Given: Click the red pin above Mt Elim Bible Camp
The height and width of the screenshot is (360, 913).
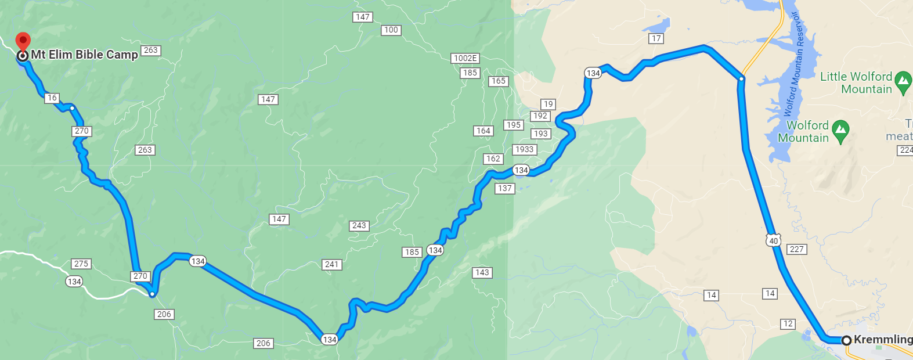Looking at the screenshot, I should pyautogui.click(x=23, y=41).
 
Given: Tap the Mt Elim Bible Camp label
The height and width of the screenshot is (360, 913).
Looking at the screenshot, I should pyautogui.click(x=84, y=55).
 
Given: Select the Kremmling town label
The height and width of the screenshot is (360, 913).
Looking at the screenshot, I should pyautogui.click(x=883, y=340).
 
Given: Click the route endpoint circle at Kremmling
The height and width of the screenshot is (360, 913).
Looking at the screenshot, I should pyautogui.click(x=846, y=340).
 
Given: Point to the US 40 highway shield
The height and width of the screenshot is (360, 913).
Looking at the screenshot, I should pyautogui.click(x=773, y=240).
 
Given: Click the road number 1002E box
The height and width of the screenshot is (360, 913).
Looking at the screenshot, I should pyautogui.click(x=465, y=58).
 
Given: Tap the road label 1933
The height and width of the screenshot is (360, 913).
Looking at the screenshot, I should pyautogui.click(x=524, y=149).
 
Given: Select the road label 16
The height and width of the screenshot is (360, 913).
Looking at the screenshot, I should pyautogui.click(x=52, y=98).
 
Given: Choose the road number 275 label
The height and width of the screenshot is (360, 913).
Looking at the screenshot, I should pyautogui.click(x=81, y=264).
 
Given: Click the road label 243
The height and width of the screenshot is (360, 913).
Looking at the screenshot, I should pyautogui.click(x=359, y=225).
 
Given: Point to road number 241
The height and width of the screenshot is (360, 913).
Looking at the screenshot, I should pyautogui.click(x=332, y=264).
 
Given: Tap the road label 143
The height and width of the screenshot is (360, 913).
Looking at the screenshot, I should pyautogui.click(x=482, y=272).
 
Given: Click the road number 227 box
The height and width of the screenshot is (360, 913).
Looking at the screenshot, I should pyautogui.click(x=797, y=249).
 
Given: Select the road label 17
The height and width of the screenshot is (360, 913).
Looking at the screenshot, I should pyautogui.click(x=656, y=38).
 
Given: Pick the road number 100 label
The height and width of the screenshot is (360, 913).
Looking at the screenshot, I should pyautogui.click(x=391, y=30).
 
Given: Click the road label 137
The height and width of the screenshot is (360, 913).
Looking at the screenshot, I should pyautogui.click(x=505, y=188).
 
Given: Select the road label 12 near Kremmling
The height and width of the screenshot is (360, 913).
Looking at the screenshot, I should pyautogui.click(x=788, y=323).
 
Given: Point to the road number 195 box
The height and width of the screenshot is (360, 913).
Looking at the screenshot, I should pyautogui.click(x=514, y=125).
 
